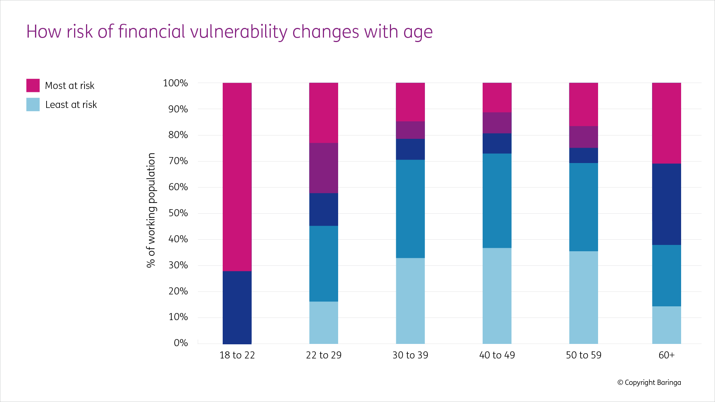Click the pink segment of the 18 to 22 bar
pos(237,177)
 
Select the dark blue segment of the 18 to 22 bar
pos(237,307)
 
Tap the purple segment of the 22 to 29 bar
pos(324,168)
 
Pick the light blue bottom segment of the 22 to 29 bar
pos(324,322)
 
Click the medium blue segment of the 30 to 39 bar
pos(410,209)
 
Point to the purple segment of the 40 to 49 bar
pos(497,123)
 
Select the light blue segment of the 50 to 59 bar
pos(583,297)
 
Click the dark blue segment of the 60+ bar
pos(666,204)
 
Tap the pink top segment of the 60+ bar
pos(666,123)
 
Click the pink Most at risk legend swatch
pos(33,85)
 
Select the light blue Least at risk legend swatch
pos(33,105)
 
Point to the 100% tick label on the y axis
pos(175,83)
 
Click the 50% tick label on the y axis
pos(178,213)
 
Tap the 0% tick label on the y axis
pos(181,343)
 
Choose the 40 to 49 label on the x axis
pos(497,355)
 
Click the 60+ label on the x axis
pos(666,355)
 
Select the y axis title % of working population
pos(151,210)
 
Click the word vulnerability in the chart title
pos(238,32)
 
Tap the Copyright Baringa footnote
pos(649,382)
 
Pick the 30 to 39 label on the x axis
pos(410,355)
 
